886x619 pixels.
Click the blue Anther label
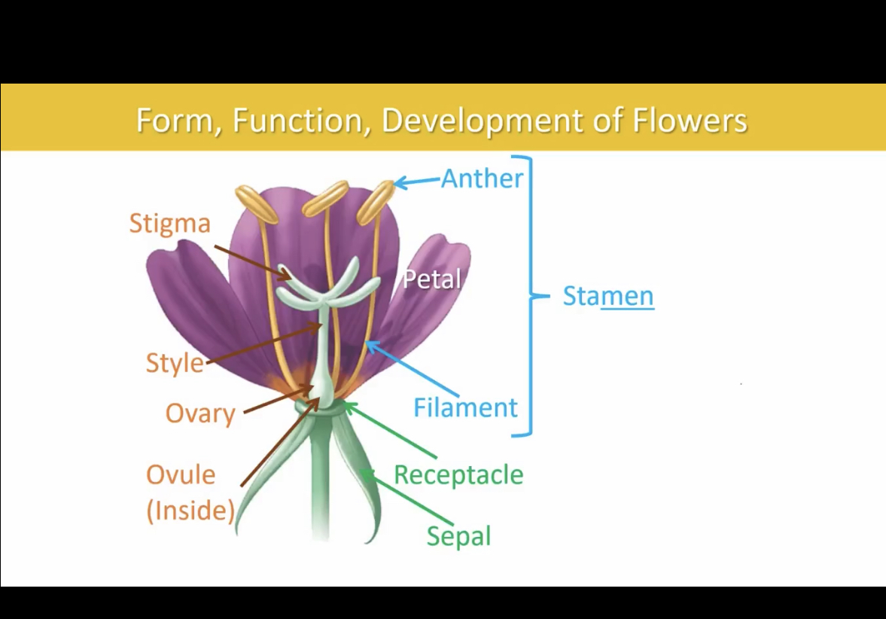(482, 178)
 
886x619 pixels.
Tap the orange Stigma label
(169, 224)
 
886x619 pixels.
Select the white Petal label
(431, 279)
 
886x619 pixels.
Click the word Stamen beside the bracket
(608, 296)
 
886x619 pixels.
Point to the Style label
(175, 363)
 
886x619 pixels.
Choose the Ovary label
(200, 413)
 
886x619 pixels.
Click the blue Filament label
(465, 407)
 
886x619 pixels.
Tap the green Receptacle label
(458, 475)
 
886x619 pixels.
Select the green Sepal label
(458, 536)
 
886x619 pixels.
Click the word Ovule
(181, 474)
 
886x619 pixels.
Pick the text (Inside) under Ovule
(190, 511)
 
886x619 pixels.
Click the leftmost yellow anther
(257, 204)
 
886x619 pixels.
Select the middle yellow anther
(324, 198)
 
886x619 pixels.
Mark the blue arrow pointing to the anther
(417, 181)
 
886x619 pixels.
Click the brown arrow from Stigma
(252, 262)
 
